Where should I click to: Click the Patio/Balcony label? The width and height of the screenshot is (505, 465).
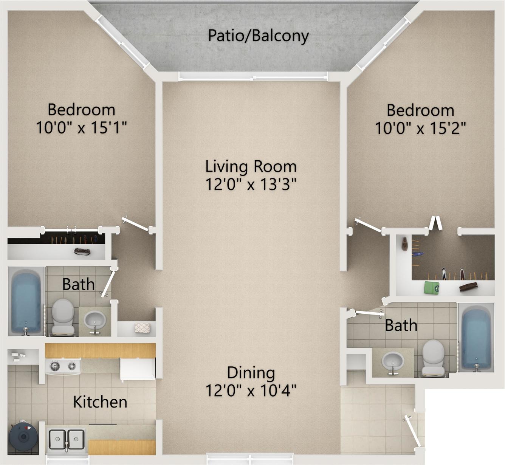tap(258, 36)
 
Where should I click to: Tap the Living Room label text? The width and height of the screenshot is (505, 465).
tap(251, 167)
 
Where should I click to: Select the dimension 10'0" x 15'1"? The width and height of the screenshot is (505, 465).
tap(81, 127)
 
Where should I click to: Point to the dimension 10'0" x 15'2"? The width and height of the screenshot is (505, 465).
tap(420, 128)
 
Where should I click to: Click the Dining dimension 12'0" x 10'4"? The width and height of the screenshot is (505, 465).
tap(251, 391)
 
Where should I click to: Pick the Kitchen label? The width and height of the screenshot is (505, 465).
tap(100, 402)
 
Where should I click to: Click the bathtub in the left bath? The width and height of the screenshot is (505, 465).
tap(26, 302)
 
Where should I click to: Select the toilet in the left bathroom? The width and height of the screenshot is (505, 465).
tap(63, 316)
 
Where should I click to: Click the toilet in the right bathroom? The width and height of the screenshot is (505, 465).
tap(433, 358)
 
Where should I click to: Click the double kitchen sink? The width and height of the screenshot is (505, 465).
tap(67, 439)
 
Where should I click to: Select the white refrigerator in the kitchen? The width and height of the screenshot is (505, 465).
tap(138, 369)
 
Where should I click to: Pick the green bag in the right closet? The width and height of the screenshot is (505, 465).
tap(432, 287)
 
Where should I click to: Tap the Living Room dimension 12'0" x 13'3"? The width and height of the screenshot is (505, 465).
tap(251, 184)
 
